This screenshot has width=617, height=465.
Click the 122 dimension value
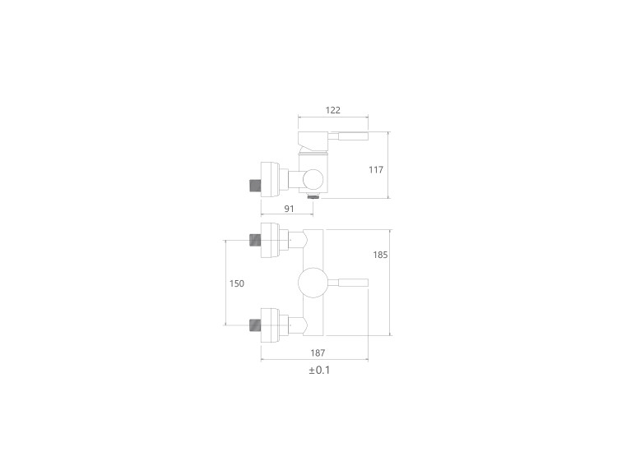332,110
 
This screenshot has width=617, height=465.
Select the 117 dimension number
376,170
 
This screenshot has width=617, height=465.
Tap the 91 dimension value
289,209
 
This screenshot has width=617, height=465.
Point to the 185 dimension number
380,255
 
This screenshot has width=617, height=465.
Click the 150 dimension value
236,283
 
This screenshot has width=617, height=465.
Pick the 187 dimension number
318,353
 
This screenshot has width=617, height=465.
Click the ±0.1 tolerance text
319,371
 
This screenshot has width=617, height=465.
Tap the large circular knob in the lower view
313,283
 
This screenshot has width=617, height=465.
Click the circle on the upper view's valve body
313,180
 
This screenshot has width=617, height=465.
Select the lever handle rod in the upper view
348,136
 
